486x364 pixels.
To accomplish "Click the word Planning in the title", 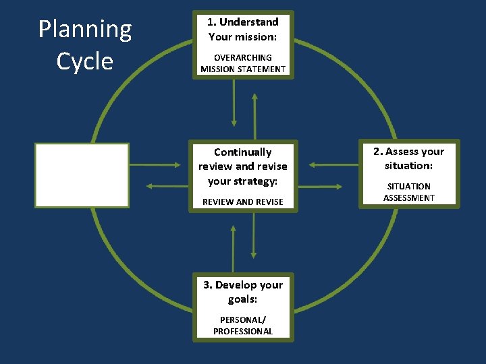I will (85, 30).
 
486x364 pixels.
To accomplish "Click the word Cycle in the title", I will (85, 61).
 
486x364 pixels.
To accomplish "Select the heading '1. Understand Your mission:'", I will (243, 29).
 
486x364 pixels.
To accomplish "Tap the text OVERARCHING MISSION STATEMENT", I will (243, 63).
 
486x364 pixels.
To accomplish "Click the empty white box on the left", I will (82, 175).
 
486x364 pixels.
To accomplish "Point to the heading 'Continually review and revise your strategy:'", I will (243, 166).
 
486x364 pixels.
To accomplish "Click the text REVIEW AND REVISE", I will (243, 202).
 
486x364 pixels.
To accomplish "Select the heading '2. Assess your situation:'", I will (408, 158).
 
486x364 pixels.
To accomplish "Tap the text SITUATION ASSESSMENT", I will (408, 192).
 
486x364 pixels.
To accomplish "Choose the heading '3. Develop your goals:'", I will (243, 292).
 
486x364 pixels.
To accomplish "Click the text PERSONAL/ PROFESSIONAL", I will (243, 326).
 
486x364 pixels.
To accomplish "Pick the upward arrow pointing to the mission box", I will (254, 116).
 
